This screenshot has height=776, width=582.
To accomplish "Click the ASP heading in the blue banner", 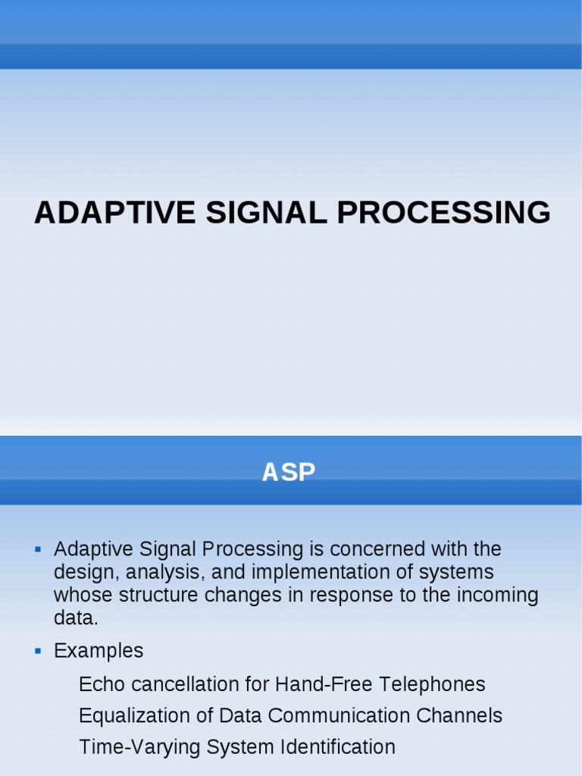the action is pos(288,472).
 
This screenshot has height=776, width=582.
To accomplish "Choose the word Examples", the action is pos(99,651).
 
